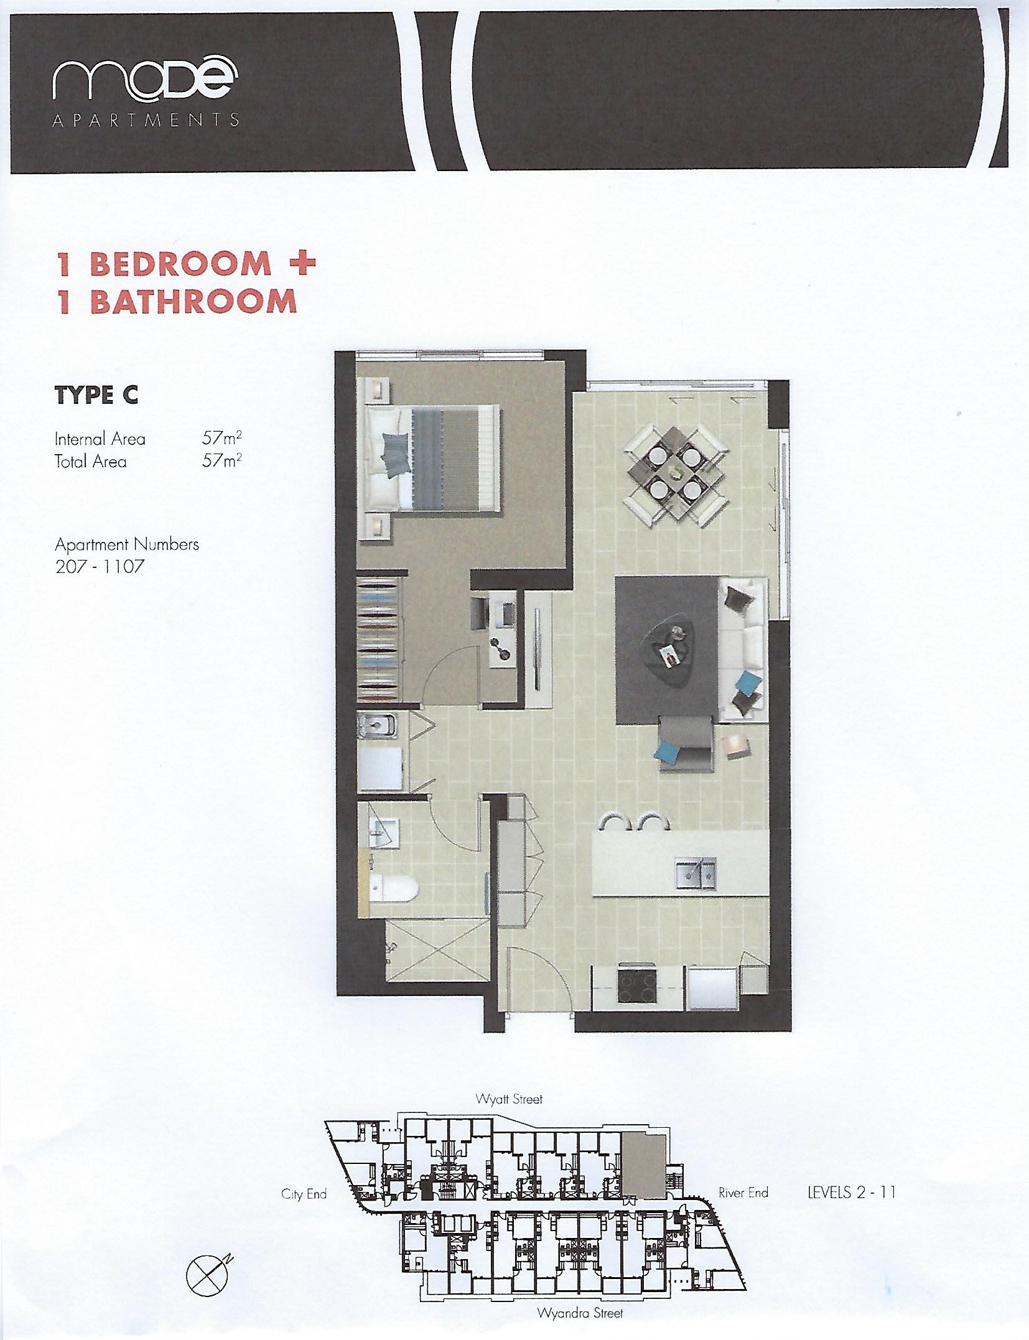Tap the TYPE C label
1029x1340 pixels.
(x=96, y=395)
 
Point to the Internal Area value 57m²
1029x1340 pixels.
(x=221, y=438)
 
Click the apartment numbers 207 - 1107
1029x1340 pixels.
(x=100, y=567)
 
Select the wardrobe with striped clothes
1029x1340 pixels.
(x=379, y=638)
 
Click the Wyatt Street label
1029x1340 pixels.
(x=509, y=1099)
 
